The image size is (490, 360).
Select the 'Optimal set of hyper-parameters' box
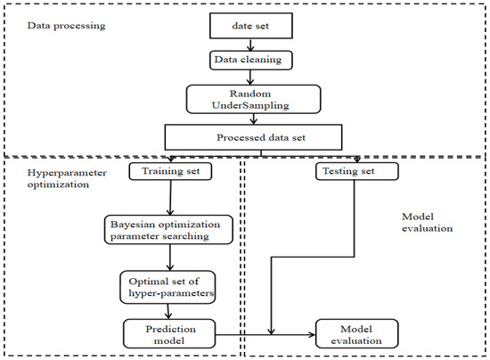tap(169, 287)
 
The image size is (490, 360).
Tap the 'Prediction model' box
tap(169, 333)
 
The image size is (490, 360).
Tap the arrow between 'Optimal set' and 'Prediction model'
tap(169, 311)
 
